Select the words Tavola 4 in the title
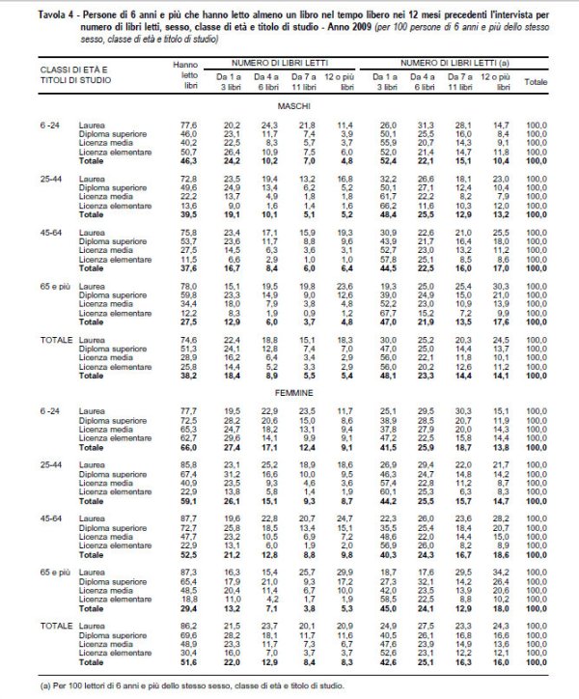pyautogui.click(x=31, y=8)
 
